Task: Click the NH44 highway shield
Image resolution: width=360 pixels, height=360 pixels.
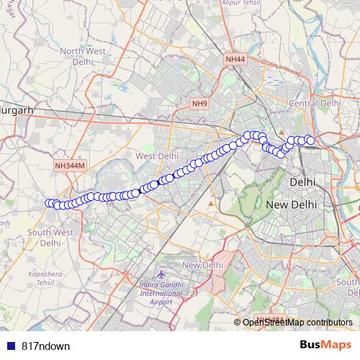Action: [x=234, y=59]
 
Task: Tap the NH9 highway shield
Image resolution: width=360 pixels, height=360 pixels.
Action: [x=199, y=104]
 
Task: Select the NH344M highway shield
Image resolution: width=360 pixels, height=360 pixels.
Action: [x=70, y=166]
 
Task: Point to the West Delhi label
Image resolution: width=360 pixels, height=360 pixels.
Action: [x=156, y=156]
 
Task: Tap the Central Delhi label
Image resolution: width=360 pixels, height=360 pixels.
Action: [x=314, y=104]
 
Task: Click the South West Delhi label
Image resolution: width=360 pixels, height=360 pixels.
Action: [x=50, y=238]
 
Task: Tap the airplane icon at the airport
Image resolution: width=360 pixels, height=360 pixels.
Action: [x=160, y=276]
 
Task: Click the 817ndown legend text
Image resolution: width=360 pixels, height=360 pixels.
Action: [x=45, y=346]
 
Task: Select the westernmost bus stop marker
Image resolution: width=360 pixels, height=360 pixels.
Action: [x=50, y=204]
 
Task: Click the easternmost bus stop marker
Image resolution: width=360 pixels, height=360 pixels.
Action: [x=310, y=140]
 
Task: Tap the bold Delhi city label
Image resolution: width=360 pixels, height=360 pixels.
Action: [x=302, y=183]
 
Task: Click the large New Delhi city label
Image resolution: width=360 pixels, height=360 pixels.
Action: [x=293, y=205]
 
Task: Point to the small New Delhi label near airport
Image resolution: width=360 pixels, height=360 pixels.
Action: [x=199, y=266]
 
